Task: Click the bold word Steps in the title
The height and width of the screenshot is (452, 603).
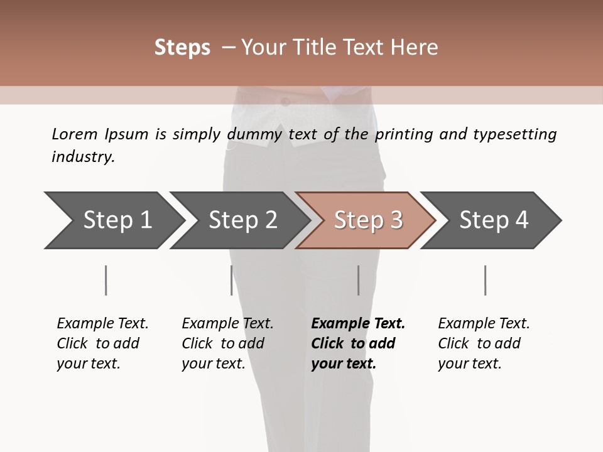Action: pos(182,48)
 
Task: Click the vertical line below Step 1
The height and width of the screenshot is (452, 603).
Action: pos(106,280)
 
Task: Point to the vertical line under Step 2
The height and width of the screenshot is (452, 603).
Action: pos(232,280)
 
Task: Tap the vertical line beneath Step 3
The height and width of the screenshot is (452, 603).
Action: pos(359,280)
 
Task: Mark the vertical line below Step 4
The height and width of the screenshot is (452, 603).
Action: pos(486,280)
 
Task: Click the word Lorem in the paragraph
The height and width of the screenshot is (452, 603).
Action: pos(75,134)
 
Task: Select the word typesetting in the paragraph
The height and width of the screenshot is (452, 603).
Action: pos(514,134)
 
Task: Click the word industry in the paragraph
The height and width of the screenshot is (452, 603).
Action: pos(83,157)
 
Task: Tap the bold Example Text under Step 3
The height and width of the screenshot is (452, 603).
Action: pos(358,323)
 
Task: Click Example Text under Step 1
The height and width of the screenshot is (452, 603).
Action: pos(102,323)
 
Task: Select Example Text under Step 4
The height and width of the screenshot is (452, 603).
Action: pos(484,323)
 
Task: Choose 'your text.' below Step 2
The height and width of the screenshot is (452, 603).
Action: pos(213,363)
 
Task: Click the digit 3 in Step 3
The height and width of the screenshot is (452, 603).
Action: pos(396,220)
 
